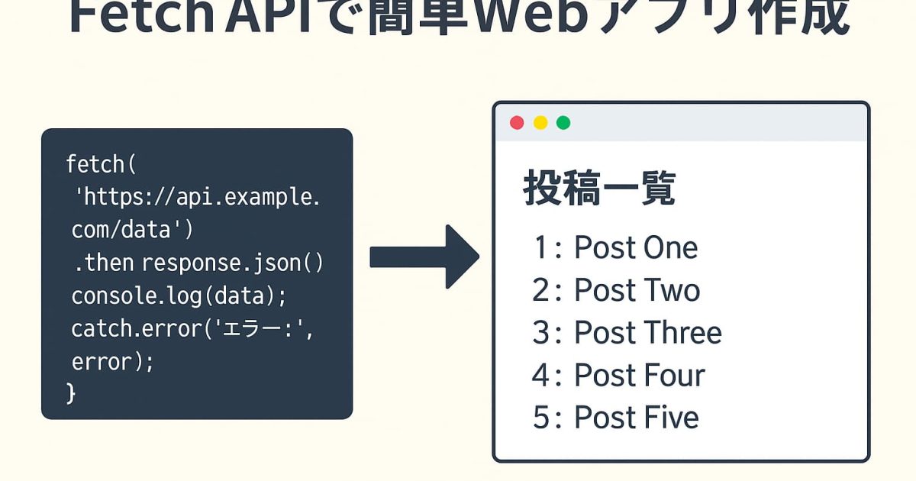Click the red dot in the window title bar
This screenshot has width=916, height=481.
[x=517, y=123]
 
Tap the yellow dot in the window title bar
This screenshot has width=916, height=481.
[x=540, y=123]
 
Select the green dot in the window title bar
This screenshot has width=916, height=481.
[x=563, y=123]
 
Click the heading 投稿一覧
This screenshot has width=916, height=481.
[x=599, y=189]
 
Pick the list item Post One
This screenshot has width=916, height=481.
[x=615, y=248]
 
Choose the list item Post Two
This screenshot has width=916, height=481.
[x=616, y=291]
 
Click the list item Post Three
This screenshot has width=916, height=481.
[x=627, y=333]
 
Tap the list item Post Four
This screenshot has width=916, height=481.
[x=618, y=376]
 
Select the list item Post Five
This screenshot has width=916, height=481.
[x=615, y=418]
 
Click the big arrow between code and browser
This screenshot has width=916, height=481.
[x=424, y=257]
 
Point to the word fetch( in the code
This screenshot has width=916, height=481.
[x=100, y=163]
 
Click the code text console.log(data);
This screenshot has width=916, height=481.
[x=179, y=295]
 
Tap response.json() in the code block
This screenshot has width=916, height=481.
[x=233, y=263]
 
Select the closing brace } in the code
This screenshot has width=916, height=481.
[x=72, y=392]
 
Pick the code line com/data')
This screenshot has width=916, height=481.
[x=132, y=229]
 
